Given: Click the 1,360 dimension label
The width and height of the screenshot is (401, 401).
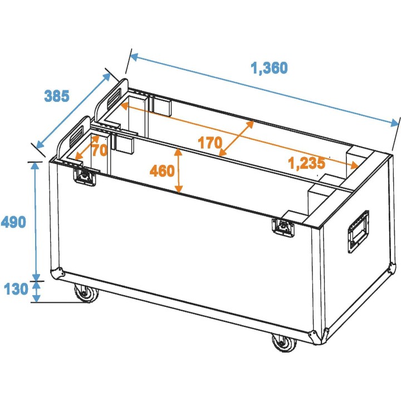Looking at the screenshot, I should pos(269,69).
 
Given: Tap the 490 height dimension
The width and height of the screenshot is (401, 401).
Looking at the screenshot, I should pos(13,222).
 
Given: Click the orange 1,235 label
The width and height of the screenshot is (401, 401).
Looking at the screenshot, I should pos(306,163).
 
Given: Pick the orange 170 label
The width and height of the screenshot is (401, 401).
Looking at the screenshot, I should pos(209,143).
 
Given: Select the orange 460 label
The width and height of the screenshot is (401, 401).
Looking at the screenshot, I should pos(162,171).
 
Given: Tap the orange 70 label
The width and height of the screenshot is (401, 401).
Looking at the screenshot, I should pos(99,150).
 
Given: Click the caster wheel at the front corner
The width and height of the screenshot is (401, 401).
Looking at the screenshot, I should pos(284,341).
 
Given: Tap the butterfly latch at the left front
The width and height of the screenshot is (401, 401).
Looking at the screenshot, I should pos(85,176).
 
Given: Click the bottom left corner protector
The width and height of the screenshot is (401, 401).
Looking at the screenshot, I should pos(56,273).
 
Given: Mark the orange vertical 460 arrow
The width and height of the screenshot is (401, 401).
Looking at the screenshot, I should pos(178,171).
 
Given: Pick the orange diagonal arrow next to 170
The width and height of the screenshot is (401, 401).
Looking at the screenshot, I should pos(237,138).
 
